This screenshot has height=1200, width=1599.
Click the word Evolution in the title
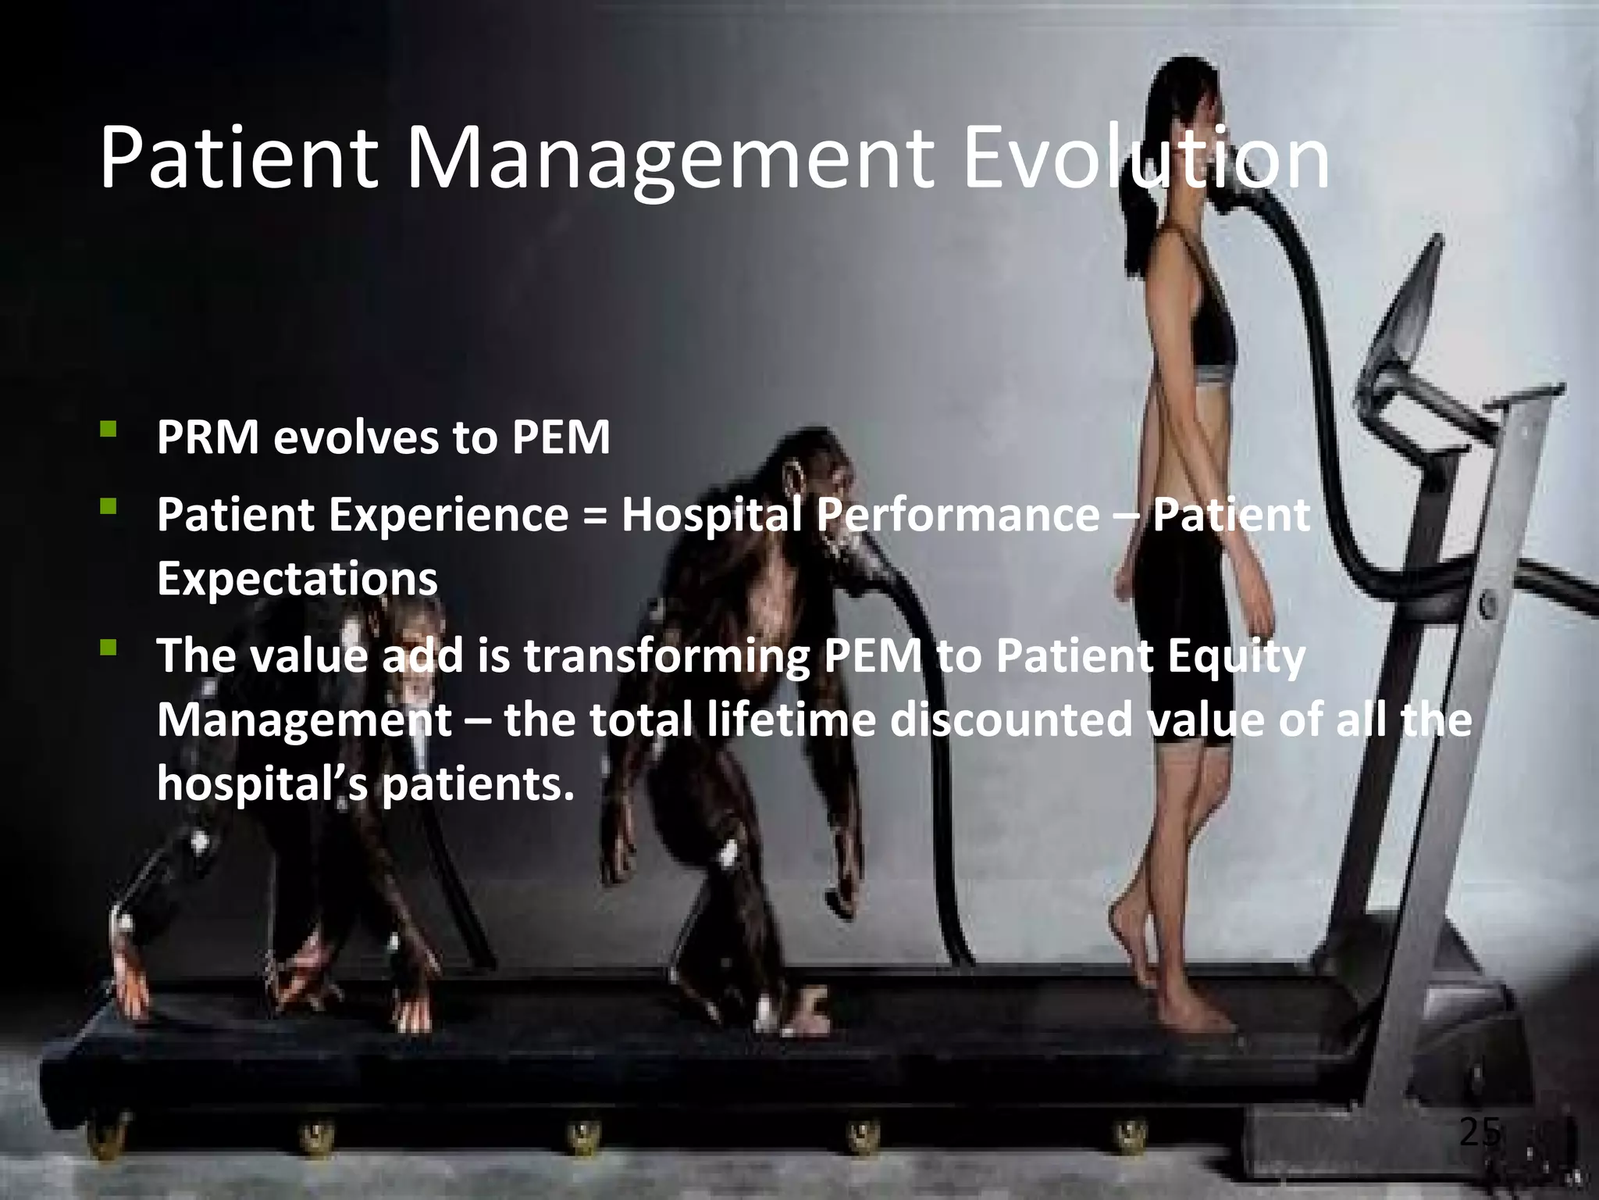click(1146, 160)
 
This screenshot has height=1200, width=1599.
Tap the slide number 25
click(1480, 1132)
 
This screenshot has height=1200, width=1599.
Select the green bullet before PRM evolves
click(109, 429)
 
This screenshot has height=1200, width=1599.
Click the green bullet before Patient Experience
click(109, 508)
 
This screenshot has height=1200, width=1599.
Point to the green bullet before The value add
click(109, 648)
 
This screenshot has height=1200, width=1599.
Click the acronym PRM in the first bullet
click(208, 437)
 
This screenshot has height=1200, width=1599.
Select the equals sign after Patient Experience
click(595, 516)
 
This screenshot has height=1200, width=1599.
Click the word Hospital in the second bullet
click(711, 516)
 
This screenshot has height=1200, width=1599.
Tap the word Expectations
click(297, 579)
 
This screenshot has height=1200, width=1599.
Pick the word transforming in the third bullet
click(666, 656)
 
